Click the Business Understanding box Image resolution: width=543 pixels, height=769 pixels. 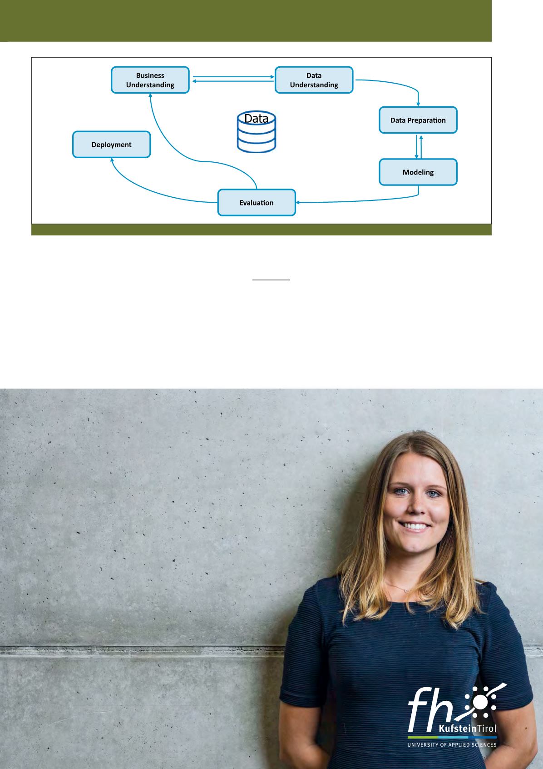coord(150,80)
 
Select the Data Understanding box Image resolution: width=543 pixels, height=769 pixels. coord(314,80)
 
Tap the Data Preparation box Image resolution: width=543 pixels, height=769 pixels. coord(418,120)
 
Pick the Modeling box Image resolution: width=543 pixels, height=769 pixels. coord(418,172)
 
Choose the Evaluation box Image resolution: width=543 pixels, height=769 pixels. coord(257,203)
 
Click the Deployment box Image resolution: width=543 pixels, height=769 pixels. coord(111,145)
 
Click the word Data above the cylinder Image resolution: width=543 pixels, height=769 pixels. coord(257,119)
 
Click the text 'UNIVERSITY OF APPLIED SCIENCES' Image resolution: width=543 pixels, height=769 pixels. coord(452,745)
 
